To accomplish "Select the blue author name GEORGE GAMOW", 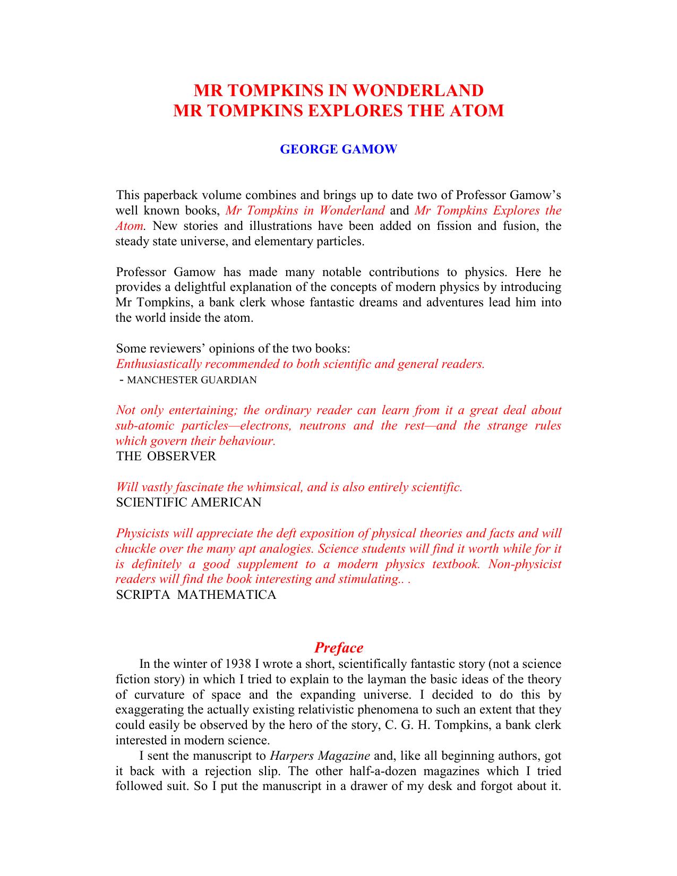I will pos(338,149).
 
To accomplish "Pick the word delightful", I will pos(206,287).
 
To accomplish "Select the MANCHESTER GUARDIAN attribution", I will pos(192,380).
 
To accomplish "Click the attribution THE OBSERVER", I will pos(166,457).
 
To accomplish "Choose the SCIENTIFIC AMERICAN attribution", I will pos(188,503).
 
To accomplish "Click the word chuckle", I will pos(136,548).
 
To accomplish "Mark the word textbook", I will pos(456,564).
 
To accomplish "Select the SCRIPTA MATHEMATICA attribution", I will pos(196,595).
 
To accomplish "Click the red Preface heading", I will pos(338,648).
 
